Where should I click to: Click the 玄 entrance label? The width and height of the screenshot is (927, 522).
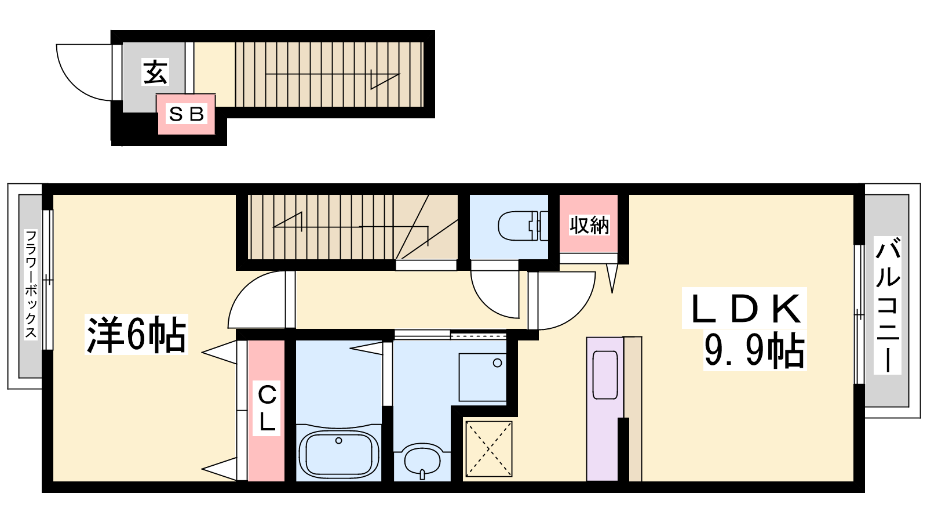pos(155,72)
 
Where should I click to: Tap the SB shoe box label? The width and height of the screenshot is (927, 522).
pos(186,114)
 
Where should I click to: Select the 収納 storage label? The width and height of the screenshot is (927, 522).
pos(589,225)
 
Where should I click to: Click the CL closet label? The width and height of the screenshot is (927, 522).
pos(267,408)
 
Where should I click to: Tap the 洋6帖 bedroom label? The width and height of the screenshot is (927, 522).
pos(136,334)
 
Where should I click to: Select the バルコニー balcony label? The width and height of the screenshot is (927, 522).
pos(887,305)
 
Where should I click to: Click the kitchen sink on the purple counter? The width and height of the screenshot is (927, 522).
pos(605,375)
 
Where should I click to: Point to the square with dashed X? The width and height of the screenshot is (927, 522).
pos(489,449)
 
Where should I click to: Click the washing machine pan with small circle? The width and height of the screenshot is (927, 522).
pos(482,378)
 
